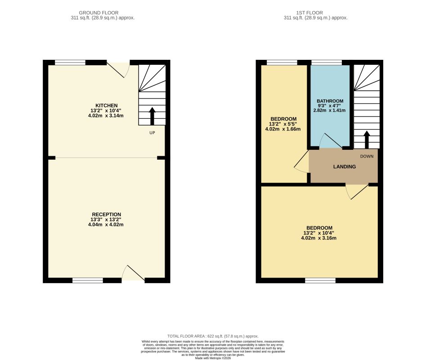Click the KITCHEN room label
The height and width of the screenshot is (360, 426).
point(107,105)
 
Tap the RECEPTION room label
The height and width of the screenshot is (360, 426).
point(107,214)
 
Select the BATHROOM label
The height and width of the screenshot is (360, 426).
point(330,101)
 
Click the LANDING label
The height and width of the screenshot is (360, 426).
point(345,166)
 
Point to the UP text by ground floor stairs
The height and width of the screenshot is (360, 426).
point(152,133)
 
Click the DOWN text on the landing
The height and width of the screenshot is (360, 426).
point(367,156)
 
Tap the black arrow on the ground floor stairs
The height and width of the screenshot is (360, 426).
point(152,116)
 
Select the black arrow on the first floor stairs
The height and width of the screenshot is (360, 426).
point(367,139)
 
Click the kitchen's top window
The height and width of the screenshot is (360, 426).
point(70,63)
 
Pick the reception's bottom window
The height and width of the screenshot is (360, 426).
point(88,280)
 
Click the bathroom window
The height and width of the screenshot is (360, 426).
point(326,63)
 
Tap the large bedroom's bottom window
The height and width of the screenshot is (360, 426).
point(320,280)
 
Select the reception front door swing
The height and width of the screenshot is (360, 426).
point(133,273)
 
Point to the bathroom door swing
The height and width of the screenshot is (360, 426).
point(330,142)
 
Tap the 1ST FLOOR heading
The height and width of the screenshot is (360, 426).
point(316,13)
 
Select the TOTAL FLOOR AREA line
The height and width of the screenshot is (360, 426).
point(213,336)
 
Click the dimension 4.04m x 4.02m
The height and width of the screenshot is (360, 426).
point(107,224)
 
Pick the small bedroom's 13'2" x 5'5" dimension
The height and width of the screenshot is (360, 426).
point(283,124)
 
